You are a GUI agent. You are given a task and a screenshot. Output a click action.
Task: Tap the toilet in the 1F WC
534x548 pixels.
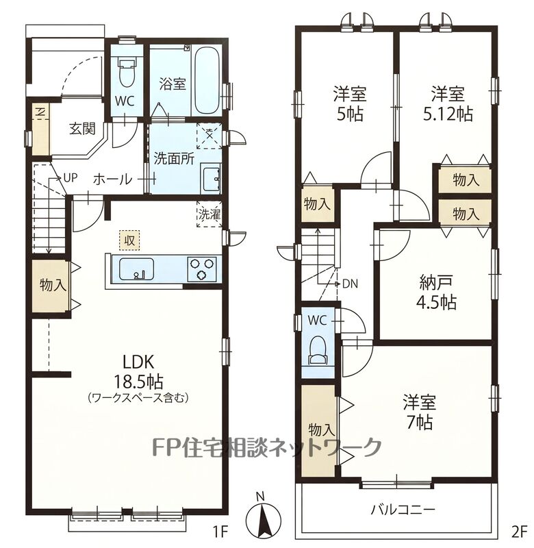(x=127, y=73)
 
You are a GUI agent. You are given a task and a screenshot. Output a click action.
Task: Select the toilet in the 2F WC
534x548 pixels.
(x=318, y=350)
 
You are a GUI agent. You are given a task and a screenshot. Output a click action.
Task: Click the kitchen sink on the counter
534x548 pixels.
(x=136, y=269)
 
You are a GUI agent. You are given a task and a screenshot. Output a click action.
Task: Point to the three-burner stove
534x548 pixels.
(x=202, y=269)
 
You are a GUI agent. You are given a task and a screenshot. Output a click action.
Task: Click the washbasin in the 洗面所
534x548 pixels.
(x=210, y=178)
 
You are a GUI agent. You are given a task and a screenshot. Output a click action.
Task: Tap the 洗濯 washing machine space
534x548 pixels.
(x=209, y=214)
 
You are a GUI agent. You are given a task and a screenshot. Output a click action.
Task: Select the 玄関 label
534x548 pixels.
(x=82, y=129)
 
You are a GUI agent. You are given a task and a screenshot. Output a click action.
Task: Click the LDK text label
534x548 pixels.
(x=138, y=362)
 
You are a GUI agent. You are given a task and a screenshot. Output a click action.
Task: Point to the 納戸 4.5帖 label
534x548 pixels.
(x=436, y=292)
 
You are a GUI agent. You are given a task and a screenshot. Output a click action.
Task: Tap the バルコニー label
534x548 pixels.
(x=403, y=510)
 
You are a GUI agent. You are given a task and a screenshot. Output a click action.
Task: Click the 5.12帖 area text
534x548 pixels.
(x=448, y=114)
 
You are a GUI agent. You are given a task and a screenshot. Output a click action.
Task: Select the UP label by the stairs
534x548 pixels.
(x=70, y=178)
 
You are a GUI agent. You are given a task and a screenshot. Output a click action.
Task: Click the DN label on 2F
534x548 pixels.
(x=351, y=284)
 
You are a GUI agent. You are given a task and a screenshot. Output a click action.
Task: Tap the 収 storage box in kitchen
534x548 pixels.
(x=129, y=240)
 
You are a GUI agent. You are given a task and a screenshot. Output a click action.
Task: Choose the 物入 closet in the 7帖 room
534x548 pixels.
(x=319, y=430)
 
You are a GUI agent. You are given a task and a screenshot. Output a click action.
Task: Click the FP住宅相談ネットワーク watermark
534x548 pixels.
(x=266, y=447)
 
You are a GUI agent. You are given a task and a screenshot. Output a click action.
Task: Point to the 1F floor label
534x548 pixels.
(x=220, y=532)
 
